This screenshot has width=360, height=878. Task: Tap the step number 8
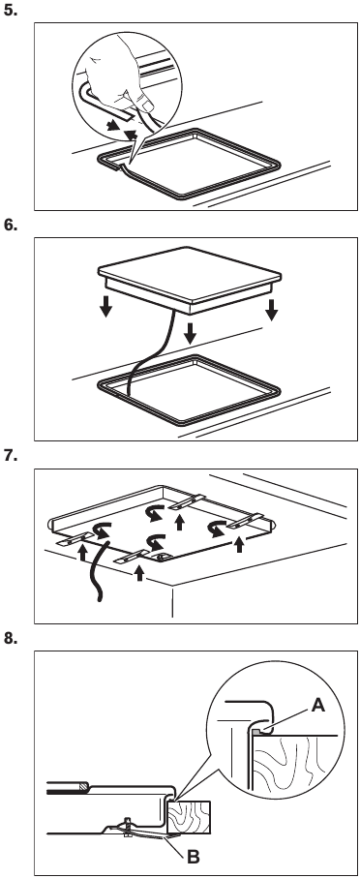pyautogui.click(x=12, y=642)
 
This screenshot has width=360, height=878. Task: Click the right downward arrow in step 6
pyautogui.click(x=272, y=311)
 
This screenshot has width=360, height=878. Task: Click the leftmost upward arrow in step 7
pyautogui.click(x=82, y=555)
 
